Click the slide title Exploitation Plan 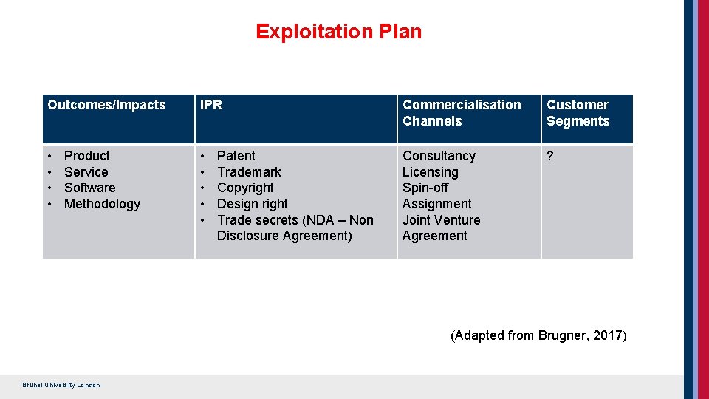(338, 32)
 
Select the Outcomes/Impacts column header (106, 105)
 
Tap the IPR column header (211, 105)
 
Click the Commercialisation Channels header (462, 113)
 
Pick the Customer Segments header (578, 113)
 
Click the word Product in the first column (86, 156)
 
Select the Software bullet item (89, 188)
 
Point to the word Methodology (102, 204)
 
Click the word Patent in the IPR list (236, 156)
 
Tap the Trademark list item (249, 172)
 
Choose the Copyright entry (245, 188)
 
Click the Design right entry (252, 204)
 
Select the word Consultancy (439, 156)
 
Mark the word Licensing (430, 172)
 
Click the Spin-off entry (425, 188)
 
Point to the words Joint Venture (441, 220)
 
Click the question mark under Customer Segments (550, 156)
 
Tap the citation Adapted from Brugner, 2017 (538, 335)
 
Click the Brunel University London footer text (61, 385)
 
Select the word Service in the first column (86, 172)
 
